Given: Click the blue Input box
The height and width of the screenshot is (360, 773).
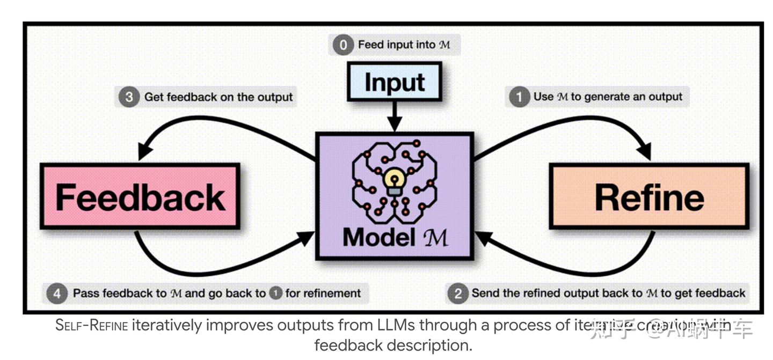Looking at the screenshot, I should pyautogui.click(x=395, y=82).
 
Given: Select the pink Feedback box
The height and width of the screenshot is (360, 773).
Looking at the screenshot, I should pyautogui.click(x=140, y=197).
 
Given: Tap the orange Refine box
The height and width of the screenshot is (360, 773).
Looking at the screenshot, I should pyautogui.click(x=648, y=197).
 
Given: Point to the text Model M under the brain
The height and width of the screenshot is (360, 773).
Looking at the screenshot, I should pyautogui.click(x=395, y=237).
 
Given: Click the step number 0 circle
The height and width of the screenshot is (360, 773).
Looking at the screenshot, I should pyautogui.click(x=343, y=45).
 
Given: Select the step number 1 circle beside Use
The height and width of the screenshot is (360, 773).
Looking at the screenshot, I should pyautogui.click(x=519, y=97).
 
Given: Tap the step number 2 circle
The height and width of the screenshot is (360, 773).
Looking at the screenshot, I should pyautogui.click(x=457, y=293).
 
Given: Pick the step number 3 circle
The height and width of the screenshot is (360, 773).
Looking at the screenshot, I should pyautogui.click(x=129, y=97).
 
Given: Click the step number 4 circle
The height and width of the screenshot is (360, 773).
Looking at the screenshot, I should pyautogui.click(x=57, y=293).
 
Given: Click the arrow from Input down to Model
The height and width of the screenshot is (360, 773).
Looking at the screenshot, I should pyautogui.click(x=395, y=116).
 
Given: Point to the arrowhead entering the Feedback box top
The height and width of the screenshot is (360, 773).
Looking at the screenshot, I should pyautogui.click(x=142, y=153).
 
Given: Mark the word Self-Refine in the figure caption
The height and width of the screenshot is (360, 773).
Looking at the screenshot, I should pyautogui.click(x=92, y=326).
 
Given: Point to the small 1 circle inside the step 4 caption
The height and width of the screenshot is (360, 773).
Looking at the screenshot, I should pyautogui.click(x=276, y=293).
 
